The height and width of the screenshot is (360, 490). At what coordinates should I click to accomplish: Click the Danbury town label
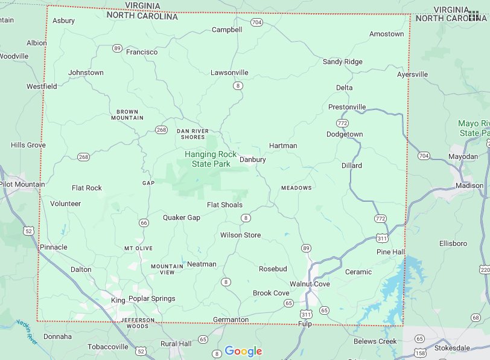pos(252,159)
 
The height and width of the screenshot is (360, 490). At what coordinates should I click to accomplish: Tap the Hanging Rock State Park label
pos(211,159)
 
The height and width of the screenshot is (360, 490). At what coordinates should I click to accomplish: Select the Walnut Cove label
pos(310,284)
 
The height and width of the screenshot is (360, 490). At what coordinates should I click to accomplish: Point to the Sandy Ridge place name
pos(342,62)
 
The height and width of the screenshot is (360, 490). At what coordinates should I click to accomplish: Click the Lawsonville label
pos(229,72)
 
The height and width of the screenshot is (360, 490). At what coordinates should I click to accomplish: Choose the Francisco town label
pos(142,52)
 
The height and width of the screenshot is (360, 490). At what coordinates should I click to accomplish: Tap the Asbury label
pos(63,21)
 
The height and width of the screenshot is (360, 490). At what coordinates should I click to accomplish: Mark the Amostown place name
pos(386,34)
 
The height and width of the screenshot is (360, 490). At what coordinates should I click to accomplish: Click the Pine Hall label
pos(390,251)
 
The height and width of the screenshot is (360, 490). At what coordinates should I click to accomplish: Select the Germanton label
pos(231,320)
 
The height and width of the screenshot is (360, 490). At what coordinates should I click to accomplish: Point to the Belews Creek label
pos(375,341)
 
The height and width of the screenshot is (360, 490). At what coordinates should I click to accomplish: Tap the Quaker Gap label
pos(181,217)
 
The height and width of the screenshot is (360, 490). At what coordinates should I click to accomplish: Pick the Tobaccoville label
pos(107,347)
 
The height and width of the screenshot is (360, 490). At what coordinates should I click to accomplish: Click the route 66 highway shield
pos(144,223)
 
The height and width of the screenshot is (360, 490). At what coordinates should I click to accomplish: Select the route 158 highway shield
pos(420,352)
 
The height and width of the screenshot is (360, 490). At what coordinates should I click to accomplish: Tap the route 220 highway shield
pos(485,269)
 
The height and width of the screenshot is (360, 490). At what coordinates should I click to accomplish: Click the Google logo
pos(243,352)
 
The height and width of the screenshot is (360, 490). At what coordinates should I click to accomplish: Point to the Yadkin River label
pos(27,332)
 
